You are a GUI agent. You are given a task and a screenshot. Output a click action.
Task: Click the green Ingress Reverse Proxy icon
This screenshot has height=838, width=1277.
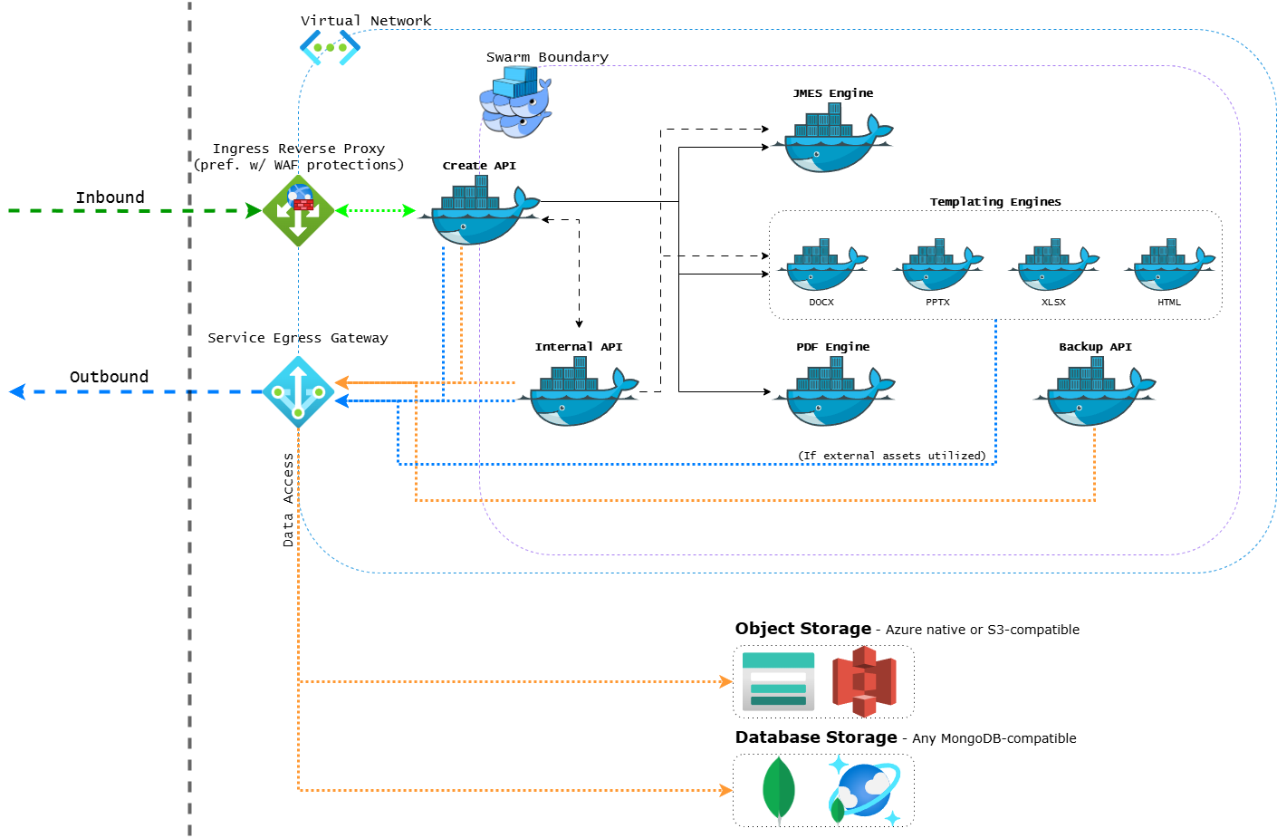point(299,211)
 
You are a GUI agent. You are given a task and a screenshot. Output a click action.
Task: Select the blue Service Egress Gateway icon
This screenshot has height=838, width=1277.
point(298,392)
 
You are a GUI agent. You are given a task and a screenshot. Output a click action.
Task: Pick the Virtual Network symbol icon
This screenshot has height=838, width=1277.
point(330,47)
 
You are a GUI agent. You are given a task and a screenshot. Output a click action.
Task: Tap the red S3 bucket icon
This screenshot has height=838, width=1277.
point(865,681)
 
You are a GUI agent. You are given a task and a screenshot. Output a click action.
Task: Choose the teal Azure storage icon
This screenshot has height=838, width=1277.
point(778,681)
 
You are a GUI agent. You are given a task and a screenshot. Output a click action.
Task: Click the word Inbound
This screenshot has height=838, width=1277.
point(110,197)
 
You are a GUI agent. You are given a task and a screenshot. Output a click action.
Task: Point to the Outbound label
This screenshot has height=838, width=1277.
point(109,377)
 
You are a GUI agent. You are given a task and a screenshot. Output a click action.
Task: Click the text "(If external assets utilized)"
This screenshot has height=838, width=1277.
point(892,456)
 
